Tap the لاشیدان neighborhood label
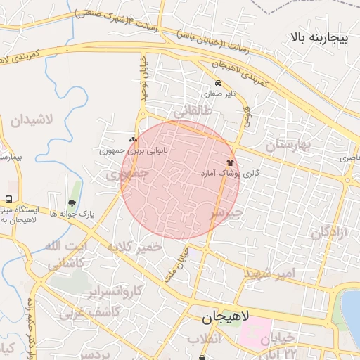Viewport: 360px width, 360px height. (x=32, y=120)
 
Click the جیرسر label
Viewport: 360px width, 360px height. (x=226, y=212)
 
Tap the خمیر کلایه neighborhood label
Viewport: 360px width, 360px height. (x=134, y=247)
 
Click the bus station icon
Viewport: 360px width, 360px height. (x=9, y=199)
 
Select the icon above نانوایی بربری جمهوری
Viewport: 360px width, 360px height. (x=133, y=140)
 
